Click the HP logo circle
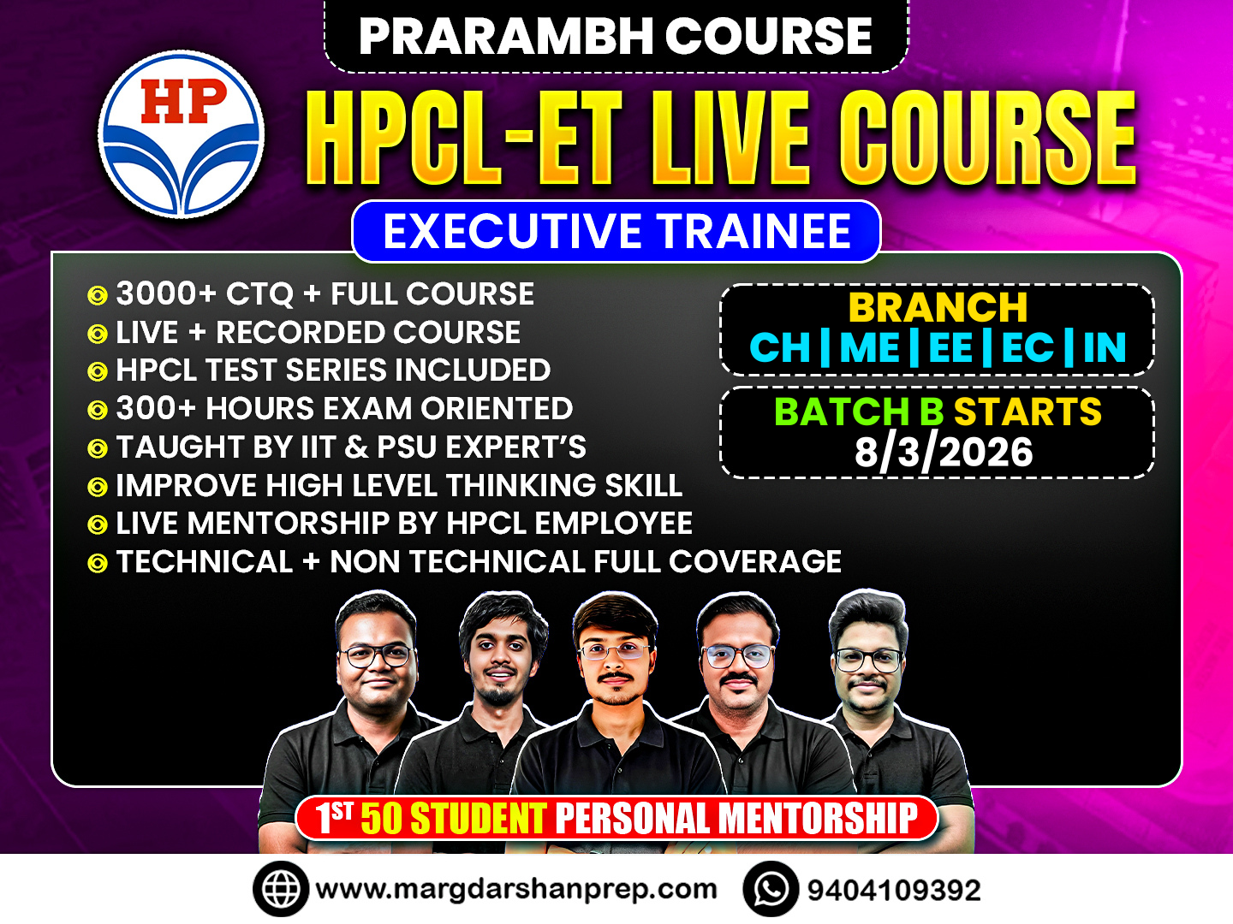(181, 134)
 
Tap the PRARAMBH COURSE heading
(616, 37)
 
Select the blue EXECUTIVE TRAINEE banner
(616, 231)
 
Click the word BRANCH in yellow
(938, 307)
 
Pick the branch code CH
(780, 348)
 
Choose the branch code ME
(870, 348)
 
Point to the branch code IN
(1105, 348)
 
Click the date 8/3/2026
(944, 453)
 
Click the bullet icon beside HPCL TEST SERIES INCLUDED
(98, 371)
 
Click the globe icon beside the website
(280, 889)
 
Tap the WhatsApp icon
(771, 889)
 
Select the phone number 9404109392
(894, 891)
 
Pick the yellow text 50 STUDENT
(453, 819)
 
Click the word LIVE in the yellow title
(730, 138)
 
